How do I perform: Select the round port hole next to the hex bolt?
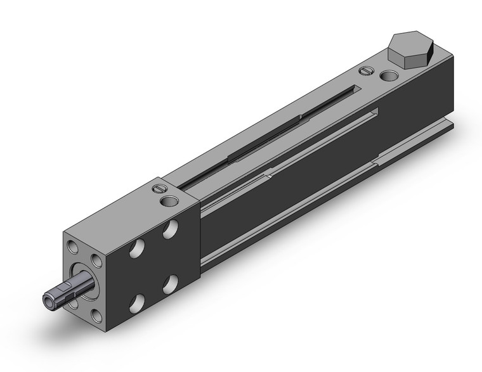click(389, 77)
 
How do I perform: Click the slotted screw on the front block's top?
click(159, 188)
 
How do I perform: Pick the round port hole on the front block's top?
click(170, 201)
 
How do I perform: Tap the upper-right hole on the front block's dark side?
click(170, 229)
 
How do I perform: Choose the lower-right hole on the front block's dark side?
click(170, 285)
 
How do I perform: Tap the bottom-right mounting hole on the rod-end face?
click(96, 314)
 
